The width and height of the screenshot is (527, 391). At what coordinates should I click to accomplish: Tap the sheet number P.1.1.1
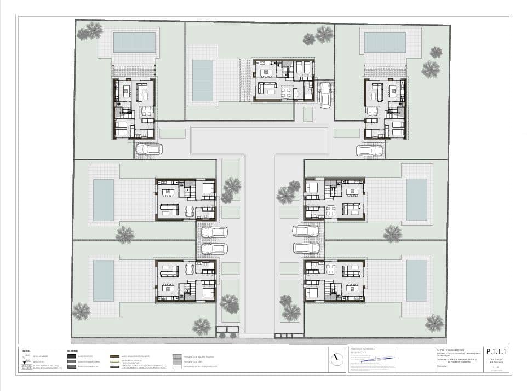pos(497,353)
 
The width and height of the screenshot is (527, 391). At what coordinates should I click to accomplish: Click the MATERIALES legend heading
pos(72,350)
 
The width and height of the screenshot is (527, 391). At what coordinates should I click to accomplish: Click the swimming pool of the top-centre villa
pos(202,80)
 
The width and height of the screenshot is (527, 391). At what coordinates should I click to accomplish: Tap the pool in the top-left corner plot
pos(134,42)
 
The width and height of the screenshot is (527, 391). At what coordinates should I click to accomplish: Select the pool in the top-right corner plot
pos(385,42)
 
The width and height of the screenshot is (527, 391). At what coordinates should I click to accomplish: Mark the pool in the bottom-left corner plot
pos(103,280)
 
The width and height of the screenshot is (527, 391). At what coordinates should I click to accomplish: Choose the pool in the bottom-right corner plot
pos(416,280)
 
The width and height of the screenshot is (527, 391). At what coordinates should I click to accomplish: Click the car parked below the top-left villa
pos(148,149)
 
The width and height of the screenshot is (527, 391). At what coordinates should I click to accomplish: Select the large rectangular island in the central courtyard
pos(259,140)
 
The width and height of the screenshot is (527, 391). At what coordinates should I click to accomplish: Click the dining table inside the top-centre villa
pos(286,91)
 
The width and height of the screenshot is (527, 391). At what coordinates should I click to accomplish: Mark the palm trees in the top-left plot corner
pos(90,31)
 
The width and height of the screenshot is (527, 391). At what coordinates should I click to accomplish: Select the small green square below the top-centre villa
pos(308,114)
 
